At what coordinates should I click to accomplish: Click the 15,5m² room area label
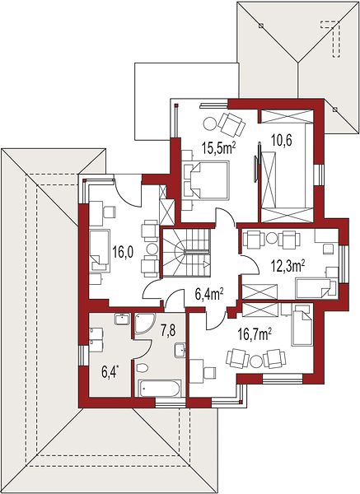pyautogui.click(x=219, y=147)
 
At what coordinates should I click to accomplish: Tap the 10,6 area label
pyautogui.click(x=282, y=140)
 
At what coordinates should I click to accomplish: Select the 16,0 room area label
pyautogui.click(x=123, y=253)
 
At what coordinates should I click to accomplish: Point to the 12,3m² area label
pyautogui.click(x=288, y=266)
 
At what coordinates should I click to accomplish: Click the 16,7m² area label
pyautogui.click(x=255, y=335)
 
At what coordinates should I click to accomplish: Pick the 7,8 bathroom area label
pyautogui.click(x=168, y=330)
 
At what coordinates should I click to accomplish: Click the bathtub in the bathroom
pyautogui.click(x=160, y=388)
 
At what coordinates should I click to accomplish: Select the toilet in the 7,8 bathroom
pyautogui.click(x=143, y=368)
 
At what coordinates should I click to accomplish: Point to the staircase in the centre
pyautogui.click(x=186, y=253)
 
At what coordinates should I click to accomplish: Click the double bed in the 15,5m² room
pyautogui.click(x=205, y=180)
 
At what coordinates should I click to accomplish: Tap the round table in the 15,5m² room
pyautogui.click(x=209, y=123)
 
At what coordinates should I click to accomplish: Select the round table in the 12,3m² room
pyautogui.click(x=271, y=238)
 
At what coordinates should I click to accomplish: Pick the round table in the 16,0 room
pyautogui.click(x=152, y=249)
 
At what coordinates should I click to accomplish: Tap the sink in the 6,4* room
pyautogui.click(x=122, y=319)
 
